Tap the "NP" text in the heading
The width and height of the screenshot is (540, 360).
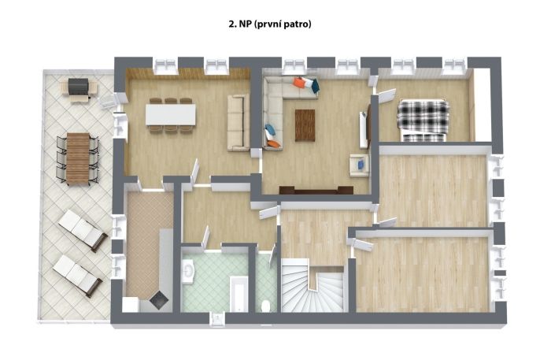[236, 24]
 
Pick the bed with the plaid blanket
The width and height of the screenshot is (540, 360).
[422, 117]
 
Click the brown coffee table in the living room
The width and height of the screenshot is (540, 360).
[305, 124]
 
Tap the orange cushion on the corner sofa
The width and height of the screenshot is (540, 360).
[300, 83]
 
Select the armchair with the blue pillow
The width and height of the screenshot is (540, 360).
[359, 165]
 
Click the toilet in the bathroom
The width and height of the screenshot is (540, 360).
[267, 303]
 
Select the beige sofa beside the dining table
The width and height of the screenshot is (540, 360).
[237, 122]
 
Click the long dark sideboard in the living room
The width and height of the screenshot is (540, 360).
[315, 190]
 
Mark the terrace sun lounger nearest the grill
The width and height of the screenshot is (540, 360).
[83, 229]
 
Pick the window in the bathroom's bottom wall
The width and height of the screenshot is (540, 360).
[215, 318]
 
